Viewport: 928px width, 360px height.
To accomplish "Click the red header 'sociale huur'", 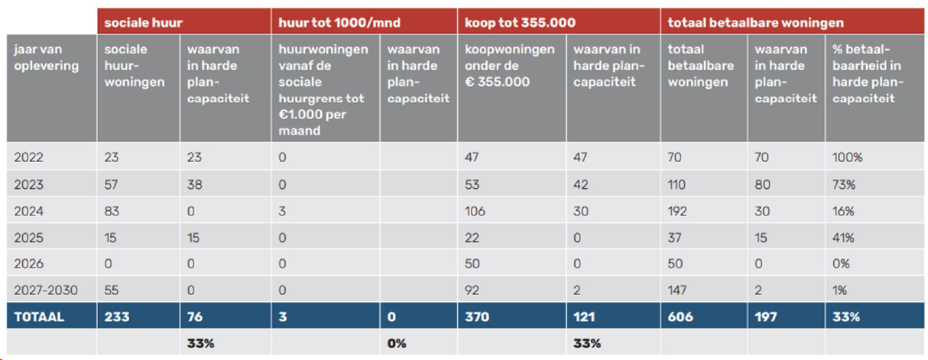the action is point(144,22).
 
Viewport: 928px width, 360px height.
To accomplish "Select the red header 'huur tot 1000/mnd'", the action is point(339,22).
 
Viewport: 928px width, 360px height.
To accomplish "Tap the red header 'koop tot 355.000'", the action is point(520,22).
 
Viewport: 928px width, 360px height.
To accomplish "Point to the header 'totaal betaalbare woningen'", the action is point(756,22).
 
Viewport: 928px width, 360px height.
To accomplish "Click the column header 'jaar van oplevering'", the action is point(47,57).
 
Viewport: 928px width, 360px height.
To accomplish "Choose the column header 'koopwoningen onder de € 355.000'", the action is point(510,66).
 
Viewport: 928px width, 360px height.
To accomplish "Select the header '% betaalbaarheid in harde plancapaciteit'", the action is point(868,73).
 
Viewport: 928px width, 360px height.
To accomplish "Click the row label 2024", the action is point(28,211).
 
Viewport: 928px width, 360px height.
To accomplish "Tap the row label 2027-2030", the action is point(46,290).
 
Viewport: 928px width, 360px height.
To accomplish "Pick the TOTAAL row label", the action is point(39,317).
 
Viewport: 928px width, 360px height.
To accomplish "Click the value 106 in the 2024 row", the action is point(475,211).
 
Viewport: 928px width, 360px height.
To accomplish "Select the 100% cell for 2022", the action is point(848,157).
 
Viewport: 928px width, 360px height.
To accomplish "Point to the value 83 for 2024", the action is point(112,211).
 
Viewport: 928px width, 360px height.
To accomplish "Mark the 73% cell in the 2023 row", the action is point(844,184).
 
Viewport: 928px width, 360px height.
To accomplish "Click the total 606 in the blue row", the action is point(680,317).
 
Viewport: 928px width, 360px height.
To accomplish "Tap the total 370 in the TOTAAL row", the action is point(477,317).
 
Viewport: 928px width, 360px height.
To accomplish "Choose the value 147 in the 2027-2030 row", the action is point(677,290).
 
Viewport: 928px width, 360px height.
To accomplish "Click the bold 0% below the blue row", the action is point(397,343).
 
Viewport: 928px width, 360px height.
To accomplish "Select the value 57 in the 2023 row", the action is point(111,184).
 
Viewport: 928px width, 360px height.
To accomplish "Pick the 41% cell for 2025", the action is point(843,238).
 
